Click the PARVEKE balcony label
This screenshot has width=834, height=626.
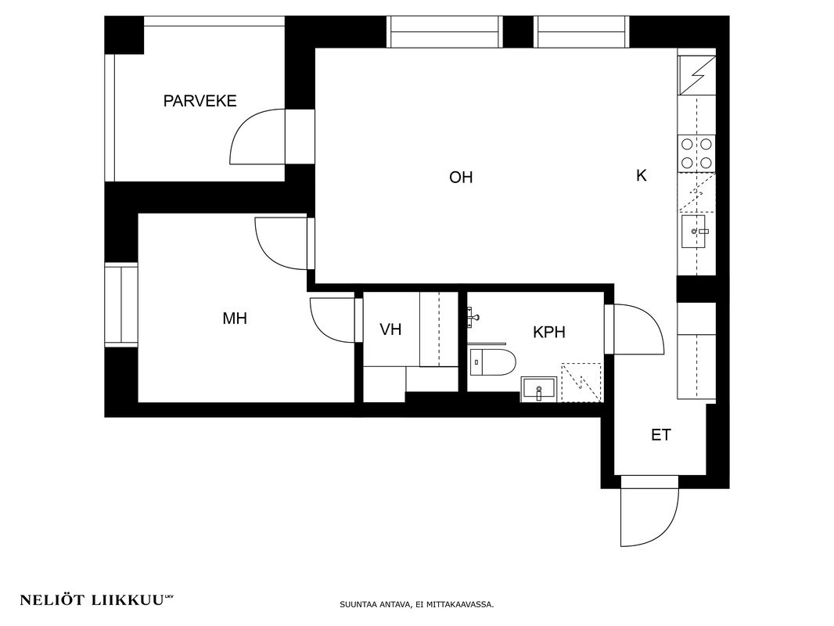pyautogui.click(x=200, y=101)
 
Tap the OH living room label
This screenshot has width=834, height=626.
pyautogui.click(x=461, y=177)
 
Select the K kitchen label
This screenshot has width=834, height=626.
pyautogui.click(x=642, y=175)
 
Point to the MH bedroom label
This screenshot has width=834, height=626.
pyautogui.click(x=235, y=318)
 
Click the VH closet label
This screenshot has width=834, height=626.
pyautogui.click(x=390, y=329)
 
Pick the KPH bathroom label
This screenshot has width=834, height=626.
pyautogui.click(x=549, y=333)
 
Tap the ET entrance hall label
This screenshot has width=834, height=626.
pyautogui.click(x=661, y=435)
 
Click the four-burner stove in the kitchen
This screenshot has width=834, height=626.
pyautogui.click(x=696, y=153)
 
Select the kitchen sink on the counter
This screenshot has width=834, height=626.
pyautogui.click(x=694, y=232)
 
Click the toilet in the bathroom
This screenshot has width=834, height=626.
pyautogui.click(x=493, y=362)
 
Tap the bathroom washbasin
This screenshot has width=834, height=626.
pyautogui.click(x=539, y=389)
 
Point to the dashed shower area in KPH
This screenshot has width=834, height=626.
pyautogui.click(x=582, y=383)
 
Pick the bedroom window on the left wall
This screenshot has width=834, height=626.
pyautogui.click(x=121, y=304)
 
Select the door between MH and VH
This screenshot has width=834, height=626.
pyautogui.click(x=333, y=320)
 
